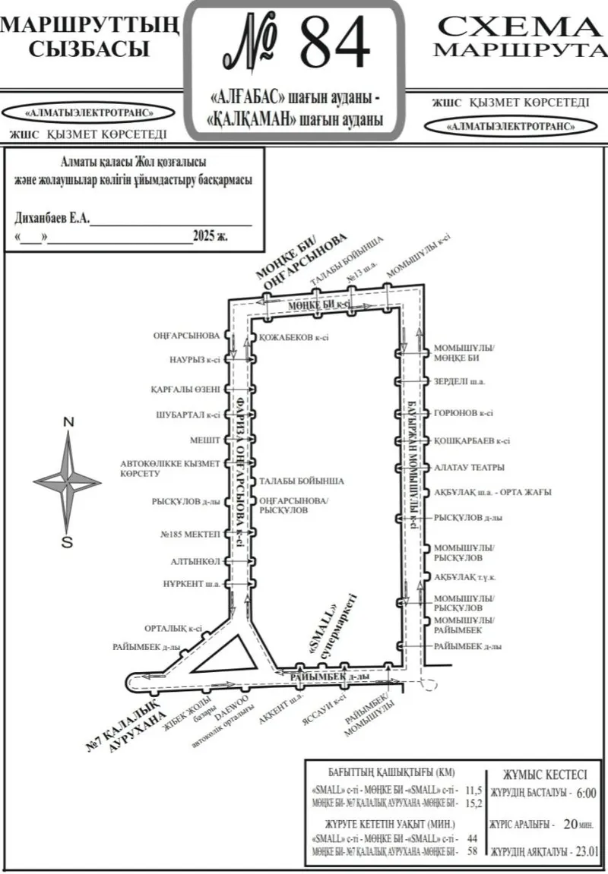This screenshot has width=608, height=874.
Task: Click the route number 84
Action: [x=335, y=44]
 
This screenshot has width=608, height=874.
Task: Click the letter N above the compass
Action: [x=68, y=422]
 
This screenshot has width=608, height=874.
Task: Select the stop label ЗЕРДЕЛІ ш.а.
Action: [x=459, y=381]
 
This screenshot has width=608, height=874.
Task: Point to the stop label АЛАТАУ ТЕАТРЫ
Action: [x=469, y=468]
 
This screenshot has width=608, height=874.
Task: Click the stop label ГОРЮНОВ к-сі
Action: [x=463, y=414]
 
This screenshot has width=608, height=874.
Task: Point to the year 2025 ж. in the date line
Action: [x=211, y=236]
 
